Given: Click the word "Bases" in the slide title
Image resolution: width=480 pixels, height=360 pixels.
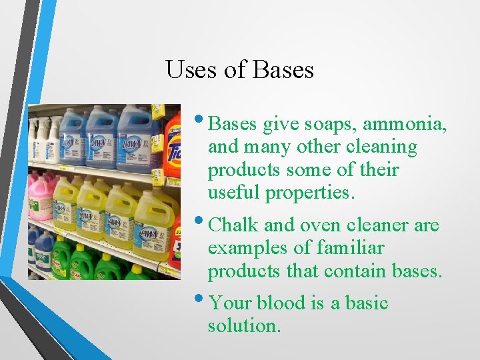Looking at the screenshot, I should pyautogui.click(x=283, y=69).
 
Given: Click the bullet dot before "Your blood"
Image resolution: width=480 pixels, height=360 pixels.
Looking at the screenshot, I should pyautogui.click(x=201, y=298).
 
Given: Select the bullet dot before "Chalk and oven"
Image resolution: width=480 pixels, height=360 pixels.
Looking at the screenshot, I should pyautogui.click(x=201, y=220).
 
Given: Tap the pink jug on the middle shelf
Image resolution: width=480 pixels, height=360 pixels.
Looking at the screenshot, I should pyautogui.click(x=41, y=200).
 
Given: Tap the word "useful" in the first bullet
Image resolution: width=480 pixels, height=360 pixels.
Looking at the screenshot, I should pyautogui.click(x=234, y=194).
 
